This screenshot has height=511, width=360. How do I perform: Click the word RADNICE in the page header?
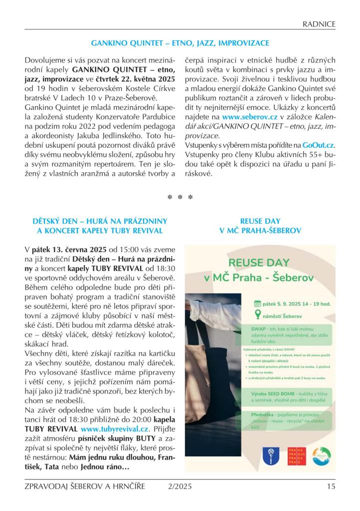pos(319,23)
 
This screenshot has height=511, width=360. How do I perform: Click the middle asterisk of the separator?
pos(180,198)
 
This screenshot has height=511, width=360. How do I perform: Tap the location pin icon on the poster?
pos(257,314)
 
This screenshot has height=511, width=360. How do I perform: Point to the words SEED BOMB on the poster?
pos(283,394)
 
